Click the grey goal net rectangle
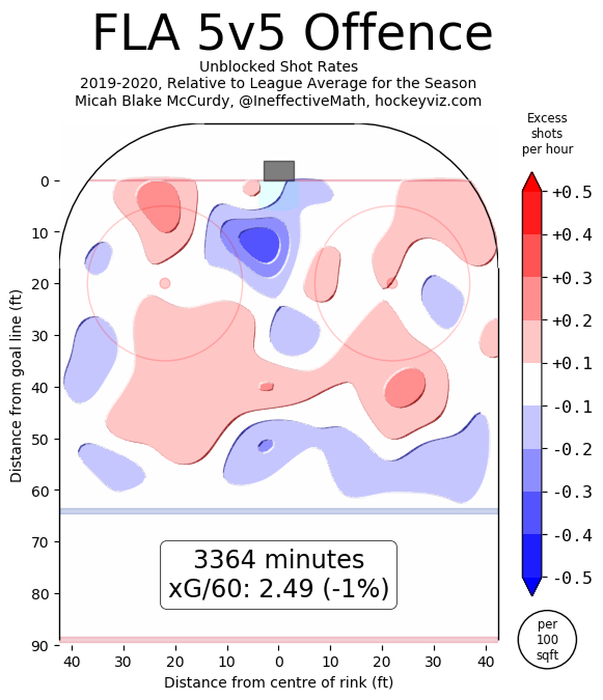(x=279, y=171)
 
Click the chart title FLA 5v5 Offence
(x=293, y=33)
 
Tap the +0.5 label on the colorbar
(x=572, y=192)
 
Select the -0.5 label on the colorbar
(x=572, y=578)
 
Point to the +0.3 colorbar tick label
(x=572, y=278)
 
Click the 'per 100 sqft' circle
(x=547, y=639)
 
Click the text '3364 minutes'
(x=278, y=559)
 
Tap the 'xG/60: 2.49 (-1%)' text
(x=278, y=588)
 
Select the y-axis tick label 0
(x=45, y=182)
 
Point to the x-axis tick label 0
(x=279, y=662)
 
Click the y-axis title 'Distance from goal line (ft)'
(x=16, y=386)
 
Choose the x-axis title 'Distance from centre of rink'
(x=278, y=683)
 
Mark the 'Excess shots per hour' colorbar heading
(x=547, y=133)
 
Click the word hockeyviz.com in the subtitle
(x=428, y=100)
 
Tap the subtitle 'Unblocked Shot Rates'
(x=278, y=67)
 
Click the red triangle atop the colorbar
(x=532, y=182)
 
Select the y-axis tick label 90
(x=40, y=646)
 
